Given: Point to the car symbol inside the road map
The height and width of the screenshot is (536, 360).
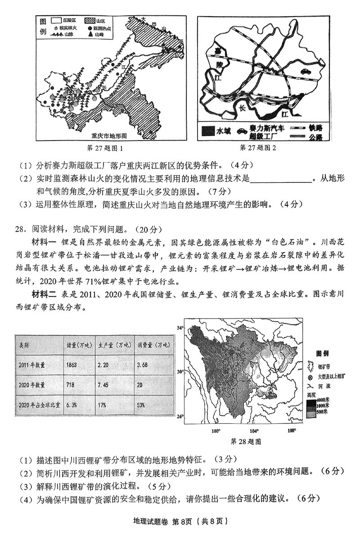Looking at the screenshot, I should [x=306, y=71].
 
